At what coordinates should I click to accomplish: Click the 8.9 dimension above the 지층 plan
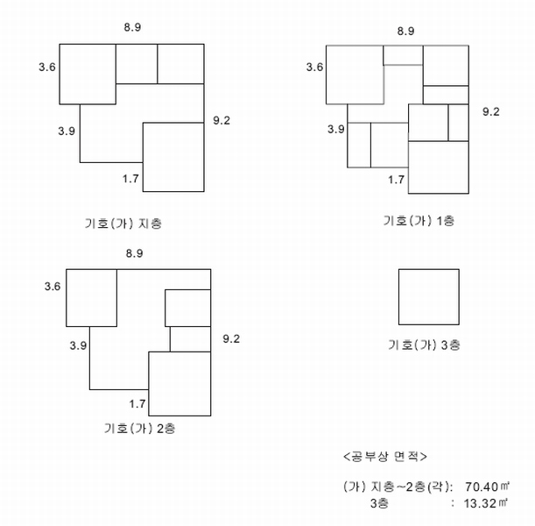[132, 27]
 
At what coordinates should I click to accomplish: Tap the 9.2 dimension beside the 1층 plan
[491, 111]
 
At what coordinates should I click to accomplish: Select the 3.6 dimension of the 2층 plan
[53, 286]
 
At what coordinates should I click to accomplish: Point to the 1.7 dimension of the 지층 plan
[130, 179]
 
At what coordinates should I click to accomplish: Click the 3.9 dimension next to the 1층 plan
[336, 129]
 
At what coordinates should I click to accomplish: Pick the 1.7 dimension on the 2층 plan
[137, 404]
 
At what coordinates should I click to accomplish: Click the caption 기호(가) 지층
[123, 224]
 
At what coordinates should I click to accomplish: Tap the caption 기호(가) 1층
[419, 221]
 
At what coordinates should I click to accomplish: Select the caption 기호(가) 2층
[140, 428]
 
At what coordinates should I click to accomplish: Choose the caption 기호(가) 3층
[424, 345]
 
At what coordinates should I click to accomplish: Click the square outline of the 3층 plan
[399, 297]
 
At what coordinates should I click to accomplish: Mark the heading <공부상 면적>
[385, 457]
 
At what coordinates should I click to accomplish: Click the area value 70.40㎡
[487, 487]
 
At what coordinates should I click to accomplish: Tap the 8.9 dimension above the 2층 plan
[135, 253]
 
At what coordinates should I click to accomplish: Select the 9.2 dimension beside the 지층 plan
[222, 120]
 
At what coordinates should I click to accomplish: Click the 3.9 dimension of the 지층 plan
[67, 131]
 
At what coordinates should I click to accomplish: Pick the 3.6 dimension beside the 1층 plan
[314, 67]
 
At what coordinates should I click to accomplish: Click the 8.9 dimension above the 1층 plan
[405, 31]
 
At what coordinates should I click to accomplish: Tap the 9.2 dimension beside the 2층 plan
[231, 338]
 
